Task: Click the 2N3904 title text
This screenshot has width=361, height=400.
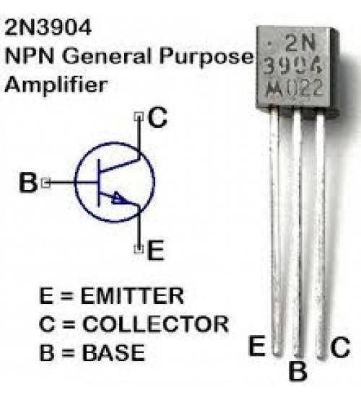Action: [48, 27]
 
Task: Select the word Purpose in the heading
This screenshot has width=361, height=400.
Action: [206, 58]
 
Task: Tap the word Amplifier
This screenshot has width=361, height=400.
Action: [56, 85]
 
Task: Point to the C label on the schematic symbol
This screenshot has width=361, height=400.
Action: [157, 118]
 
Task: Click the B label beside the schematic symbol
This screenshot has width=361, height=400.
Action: [28, 183]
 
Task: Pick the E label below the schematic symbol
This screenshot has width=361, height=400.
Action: [155, 251]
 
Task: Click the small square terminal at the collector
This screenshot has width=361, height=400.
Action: [139, 116]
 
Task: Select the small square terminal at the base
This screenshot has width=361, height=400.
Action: [46, 183]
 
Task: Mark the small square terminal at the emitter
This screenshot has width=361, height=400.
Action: [139, 249]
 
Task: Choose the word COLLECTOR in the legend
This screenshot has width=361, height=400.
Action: [156, 323]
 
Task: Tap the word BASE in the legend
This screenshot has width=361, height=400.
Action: [113, 352]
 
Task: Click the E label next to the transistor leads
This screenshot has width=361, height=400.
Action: [256, 346]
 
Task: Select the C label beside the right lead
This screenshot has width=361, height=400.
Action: [341, 347]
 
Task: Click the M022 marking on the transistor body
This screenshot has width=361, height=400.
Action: [294, 89]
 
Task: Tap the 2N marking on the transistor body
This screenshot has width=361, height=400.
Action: [300, 43]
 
